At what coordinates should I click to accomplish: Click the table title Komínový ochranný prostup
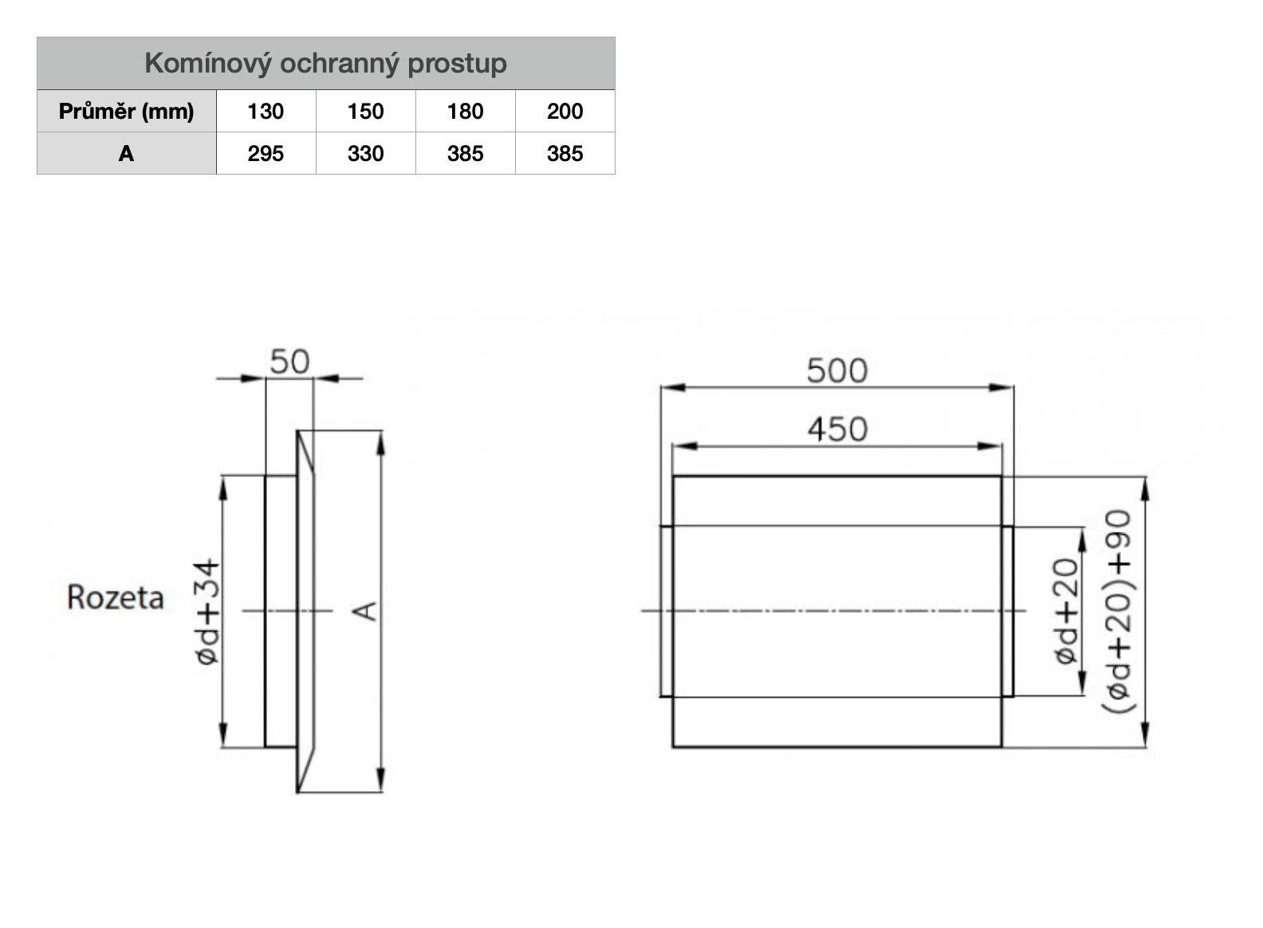pyautogui.click(x=325, y=63)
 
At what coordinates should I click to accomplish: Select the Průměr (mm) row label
pyautogui.click(x=126, y=111)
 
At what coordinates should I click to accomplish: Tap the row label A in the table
pyautogui.click(x=126, y=153)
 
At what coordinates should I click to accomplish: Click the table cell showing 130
pyautogui.click(x=266, y=111)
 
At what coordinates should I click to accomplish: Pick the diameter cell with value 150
pyautogui.click(x=365, y=111)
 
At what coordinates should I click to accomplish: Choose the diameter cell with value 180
pyautogui.click(x=465, y=111)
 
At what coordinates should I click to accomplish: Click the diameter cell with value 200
pyautogui.click(x=565, y=111)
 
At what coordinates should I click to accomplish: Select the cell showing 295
pyautogui.click(x=266, y=153)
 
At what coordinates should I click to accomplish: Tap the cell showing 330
pyautogui.click(x=365, y=153)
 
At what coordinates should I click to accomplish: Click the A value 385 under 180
pyautogui.click(x=465, y=153)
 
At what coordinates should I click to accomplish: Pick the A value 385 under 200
pyautogui.click(x=565, y=153)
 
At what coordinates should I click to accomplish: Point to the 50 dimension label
pyautogui.click(x=289, y=362)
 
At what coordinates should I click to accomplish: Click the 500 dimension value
pyautogui.click(x=836, y=371)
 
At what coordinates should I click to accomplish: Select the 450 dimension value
pyautogui.click(x=836, y=430)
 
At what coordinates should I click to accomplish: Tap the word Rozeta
pyautogui.click(x=116, y=597)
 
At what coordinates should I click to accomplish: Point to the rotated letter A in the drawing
pyautogui.click(x=365, y=611)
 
